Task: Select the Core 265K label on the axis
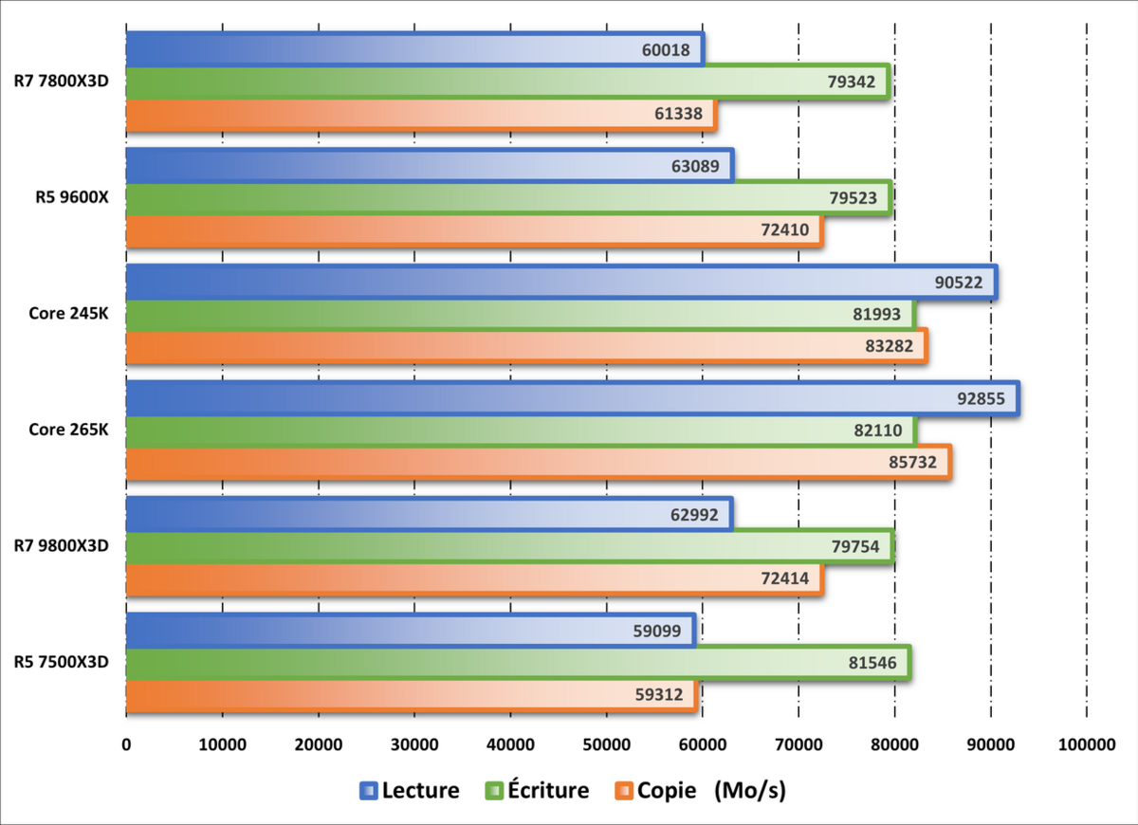tap(68, 430)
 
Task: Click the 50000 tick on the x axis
tap(606, 745)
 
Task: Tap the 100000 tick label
tap(1086, 745)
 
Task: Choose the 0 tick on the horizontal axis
tap(126, 745)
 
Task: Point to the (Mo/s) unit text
tap(751, 790)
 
